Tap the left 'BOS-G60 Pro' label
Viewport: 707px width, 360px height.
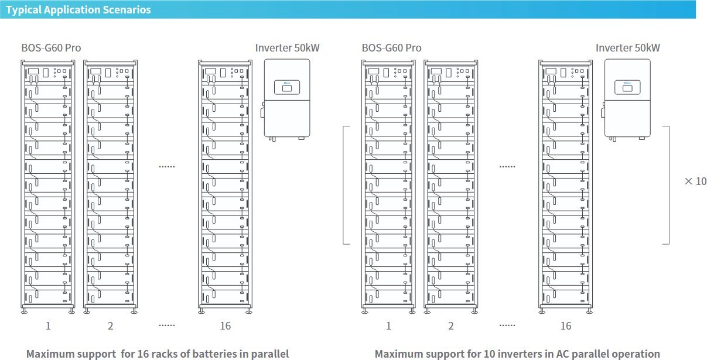(51, 47)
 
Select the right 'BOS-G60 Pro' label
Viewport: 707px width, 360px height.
(391, 47)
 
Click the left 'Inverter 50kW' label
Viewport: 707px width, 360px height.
(288, 47)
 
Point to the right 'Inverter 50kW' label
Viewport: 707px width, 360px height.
(628, 47)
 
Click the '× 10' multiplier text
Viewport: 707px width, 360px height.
(695, 181)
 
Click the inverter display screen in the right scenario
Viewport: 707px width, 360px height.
(627, 88)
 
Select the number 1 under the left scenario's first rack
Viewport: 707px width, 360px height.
(48, 326)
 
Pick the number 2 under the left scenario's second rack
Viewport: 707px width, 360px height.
(110, 326)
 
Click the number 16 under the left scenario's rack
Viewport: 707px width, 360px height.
(226, 326)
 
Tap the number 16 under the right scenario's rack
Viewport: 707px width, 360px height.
(566, 326)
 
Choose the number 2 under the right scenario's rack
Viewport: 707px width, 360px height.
(450, 326)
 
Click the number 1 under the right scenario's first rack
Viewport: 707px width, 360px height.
(388, 326)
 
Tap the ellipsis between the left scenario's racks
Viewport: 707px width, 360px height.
(167, 167)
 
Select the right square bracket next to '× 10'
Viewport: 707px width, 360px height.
(667, 185)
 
